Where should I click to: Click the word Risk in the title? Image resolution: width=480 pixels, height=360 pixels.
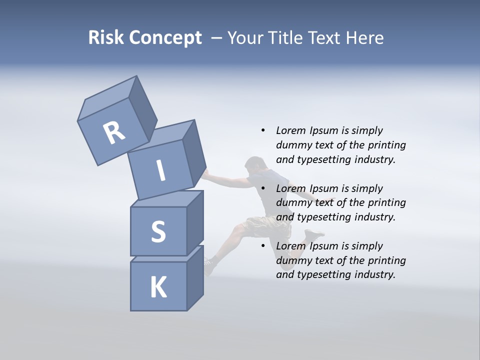tap(106, 38)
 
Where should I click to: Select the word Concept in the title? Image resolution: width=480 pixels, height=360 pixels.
tap(165, 38)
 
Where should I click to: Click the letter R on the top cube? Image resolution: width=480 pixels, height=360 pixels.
tap(114, 132)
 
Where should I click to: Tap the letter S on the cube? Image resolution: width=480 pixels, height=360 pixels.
tap(158, 231)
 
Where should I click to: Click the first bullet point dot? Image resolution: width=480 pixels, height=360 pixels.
tap(263, 130)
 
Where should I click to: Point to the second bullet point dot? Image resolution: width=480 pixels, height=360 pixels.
tap(263, 188)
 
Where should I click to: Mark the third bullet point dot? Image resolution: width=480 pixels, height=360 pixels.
tap(263, 246)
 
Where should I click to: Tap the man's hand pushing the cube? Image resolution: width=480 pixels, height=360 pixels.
tap(205, 173)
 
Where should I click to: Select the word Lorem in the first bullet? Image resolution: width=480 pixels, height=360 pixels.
tap(290, 130)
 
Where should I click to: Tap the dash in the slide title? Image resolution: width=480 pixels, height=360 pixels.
tap(216, 38)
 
